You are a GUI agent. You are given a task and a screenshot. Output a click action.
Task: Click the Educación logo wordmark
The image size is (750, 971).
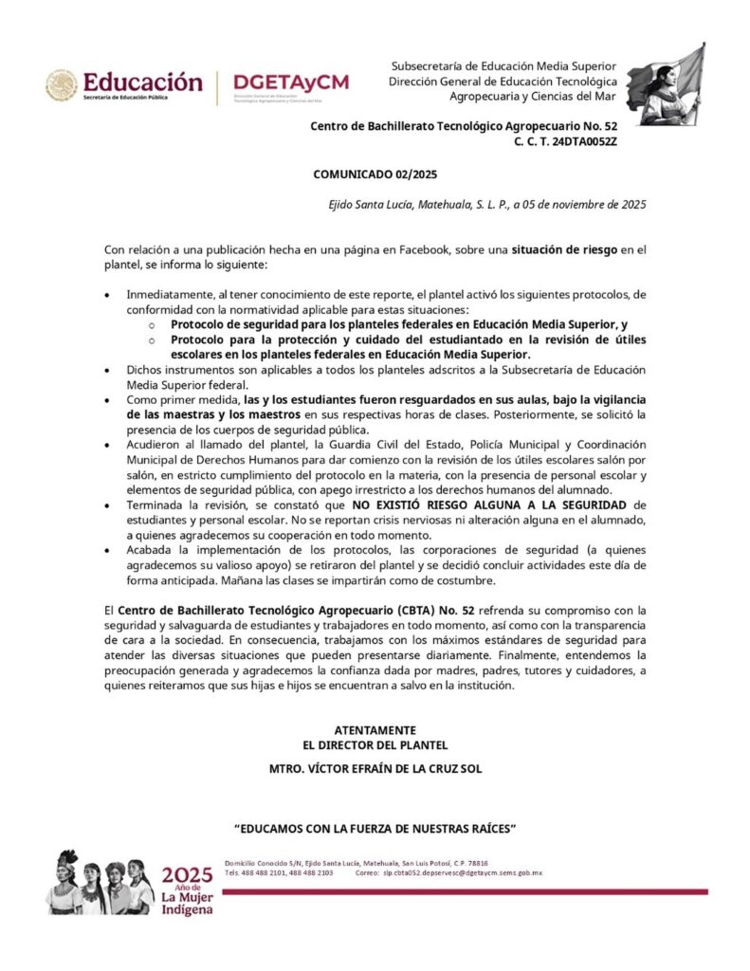coord(142,82)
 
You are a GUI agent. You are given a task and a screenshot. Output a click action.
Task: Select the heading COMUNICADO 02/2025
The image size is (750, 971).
coord(375,174)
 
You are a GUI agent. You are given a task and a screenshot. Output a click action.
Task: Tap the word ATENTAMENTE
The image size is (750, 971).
coord(375,730)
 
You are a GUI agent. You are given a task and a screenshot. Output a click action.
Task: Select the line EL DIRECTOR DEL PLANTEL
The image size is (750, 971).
coord(375,745)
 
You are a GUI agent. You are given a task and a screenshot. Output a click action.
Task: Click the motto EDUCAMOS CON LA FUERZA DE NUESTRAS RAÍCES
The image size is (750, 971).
coord(375,828)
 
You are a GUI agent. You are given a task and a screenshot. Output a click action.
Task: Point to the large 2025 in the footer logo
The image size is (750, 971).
coord(188,875)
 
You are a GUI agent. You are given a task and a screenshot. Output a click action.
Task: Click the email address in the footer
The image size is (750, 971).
coord(462,872)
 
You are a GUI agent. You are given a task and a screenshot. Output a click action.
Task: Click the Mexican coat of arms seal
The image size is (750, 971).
coord(62,84)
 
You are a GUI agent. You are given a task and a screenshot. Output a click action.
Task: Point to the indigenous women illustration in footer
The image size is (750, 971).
coord(103,883)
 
